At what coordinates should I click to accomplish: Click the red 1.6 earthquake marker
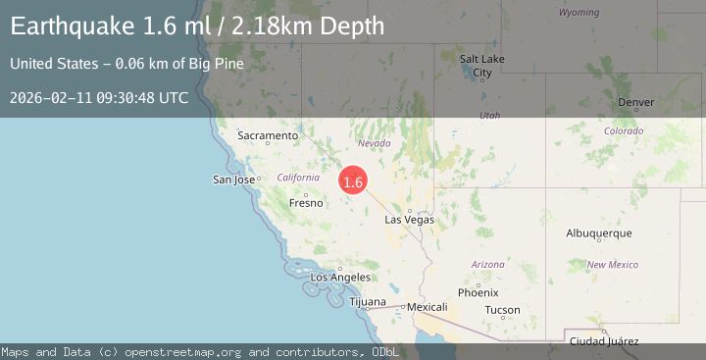click(x=353, y=181)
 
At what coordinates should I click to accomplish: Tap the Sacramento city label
click(x=267, y=136)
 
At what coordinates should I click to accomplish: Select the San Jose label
click(x=234, y=180)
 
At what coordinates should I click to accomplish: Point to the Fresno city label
click(x=306, y=203)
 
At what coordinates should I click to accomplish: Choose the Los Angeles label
click(x=340, y=278)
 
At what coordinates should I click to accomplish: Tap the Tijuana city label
click(x=368, y=301)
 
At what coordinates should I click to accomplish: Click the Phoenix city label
click(x=478, y=292)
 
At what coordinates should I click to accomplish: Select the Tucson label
click(x=502, y=310)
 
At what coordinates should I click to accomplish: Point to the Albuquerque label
click(x=599, y=233)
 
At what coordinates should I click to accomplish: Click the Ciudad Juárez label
click(x=605, y=341)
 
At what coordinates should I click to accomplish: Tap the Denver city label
click(x=636, y=102)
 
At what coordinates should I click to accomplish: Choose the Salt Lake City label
click(x=482, y=66)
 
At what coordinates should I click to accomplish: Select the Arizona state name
click(x=487, y=265)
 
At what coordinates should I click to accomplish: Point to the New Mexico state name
click(x=612, y=265)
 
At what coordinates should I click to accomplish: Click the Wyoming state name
click(x=579, y=13)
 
